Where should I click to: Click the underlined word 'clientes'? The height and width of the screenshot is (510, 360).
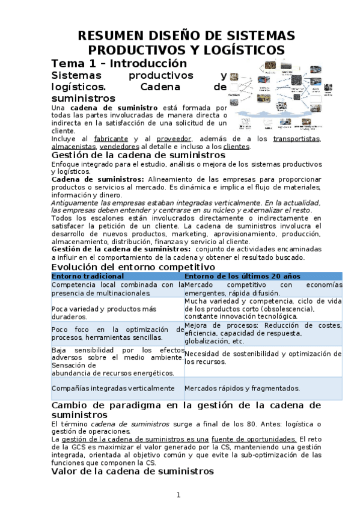[x=236, y=146]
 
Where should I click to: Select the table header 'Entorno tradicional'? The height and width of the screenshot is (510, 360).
[x=88, y=275]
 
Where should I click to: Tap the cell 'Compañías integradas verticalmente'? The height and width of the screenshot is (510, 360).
[x=113, y=389]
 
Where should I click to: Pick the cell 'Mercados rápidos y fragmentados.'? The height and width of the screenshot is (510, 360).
[x=242, y=389]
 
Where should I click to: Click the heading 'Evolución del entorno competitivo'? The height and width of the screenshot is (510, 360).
[x=133, y=266]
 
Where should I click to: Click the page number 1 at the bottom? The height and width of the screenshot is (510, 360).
[x=178, y=495]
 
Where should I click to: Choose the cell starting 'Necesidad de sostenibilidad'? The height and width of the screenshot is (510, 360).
[x=263, y=358]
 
